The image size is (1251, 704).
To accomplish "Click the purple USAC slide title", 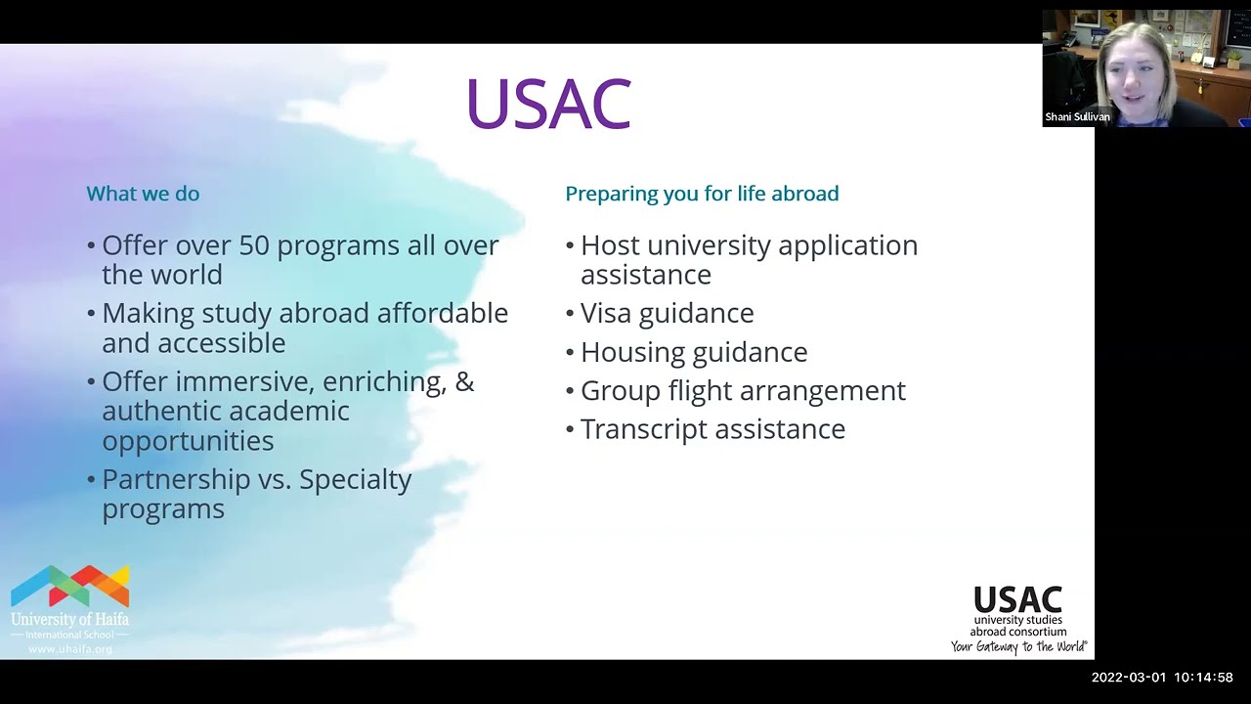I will (548, 104).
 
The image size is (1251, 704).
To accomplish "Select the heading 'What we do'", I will (143, 194).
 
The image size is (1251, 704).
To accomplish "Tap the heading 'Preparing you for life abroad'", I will (702, 194).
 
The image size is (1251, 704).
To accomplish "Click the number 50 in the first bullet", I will (253, 245).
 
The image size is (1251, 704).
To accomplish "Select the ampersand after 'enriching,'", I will (464, 381).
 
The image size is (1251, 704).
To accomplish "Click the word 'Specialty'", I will (356, 480).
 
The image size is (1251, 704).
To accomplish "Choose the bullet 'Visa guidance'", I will (667, 314).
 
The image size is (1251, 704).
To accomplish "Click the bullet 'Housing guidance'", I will (694, 352).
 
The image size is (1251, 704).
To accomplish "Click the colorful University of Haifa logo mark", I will (69, 586).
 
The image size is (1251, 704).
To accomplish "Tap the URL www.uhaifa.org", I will (69, 649).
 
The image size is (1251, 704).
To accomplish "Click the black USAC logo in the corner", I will (1017, 599).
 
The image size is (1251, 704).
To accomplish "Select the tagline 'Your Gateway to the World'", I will (1018, 646).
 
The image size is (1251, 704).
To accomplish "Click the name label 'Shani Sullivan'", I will (1077, 117).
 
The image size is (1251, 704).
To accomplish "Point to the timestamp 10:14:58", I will (1203, 678).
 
